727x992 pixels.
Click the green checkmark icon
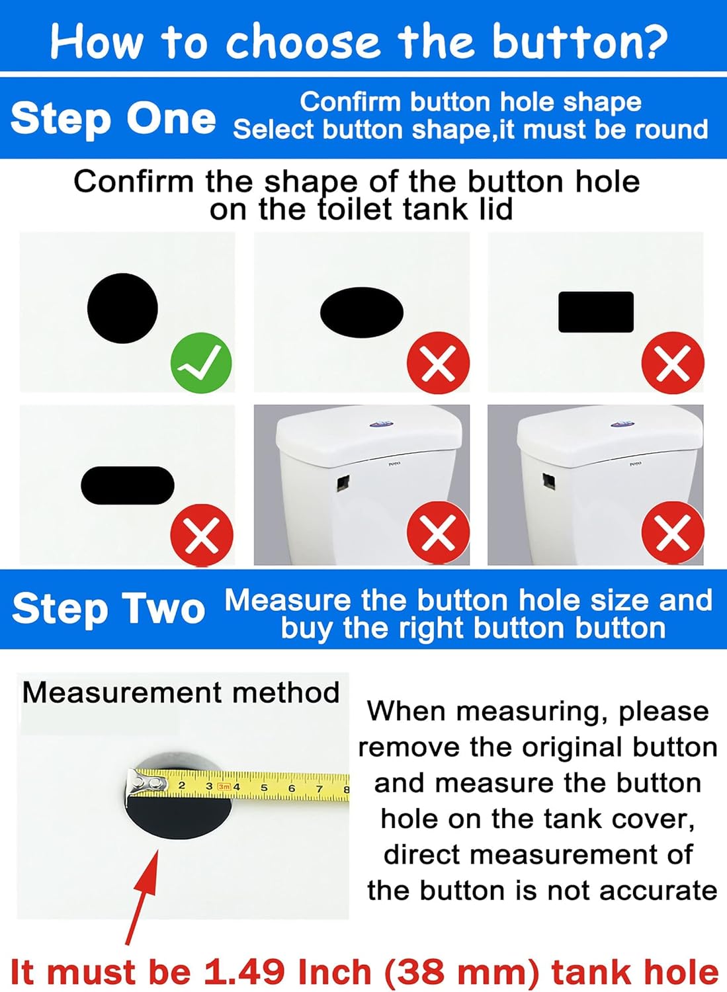(201, 363)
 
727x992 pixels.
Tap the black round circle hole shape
(122, 308)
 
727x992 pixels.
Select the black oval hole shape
(362, 312)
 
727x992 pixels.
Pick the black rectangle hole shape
(596, 311)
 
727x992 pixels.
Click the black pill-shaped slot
(127, 485)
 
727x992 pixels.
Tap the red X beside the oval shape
(438, 363)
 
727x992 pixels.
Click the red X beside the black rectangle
(673, 363)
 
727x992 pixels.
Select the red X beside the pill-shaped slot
(202, 535)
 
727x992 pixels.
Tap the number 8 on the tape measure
(345, 789)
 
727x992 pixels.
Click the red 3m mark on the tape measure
(224, 786)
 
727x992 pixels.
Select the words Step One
(113, 119)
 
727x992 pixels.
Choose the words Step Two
(108, 609)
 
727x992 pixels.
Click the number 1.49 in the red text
(245, 972)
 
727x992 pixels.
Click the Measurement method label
(181, 693)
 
